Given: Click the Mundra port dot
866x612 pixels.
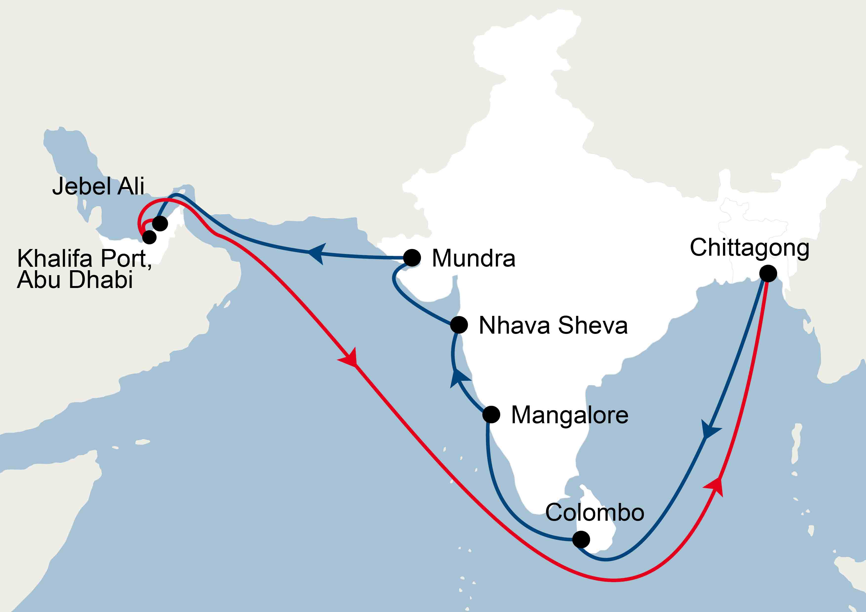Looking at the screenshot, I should coord(412,258).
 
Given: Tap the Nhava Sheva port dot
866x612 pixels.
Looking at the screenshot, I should coord(459,325).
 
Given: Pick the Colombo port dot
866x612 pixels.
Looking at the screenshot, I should coord(581,539).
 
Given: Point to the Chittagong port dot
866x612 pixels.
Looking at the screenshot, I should coord(768,273).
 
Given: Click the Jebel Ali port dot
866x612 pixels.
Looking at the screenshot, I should coord(160,223).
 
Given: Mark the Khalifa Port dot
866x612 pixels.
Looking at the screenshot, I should coord(149,237).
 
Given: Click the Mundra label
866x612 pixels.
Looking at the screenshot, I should coord(473,258).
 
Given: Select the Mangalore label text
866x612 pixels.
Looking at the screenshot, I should coord(570,415).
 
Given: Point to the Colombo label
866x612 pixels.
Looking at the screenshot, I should coord(595,513).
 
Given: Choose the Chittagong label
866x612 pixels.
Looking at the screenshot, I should coord(749,248).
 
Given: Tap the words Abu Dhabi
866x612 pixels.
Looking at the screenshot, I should coord(75,280).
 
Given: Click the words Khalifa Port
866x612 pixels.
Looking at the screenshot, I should coord(84,259).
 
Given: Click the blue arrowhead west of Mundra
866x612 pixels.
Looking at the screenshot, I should coord(317,253).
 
